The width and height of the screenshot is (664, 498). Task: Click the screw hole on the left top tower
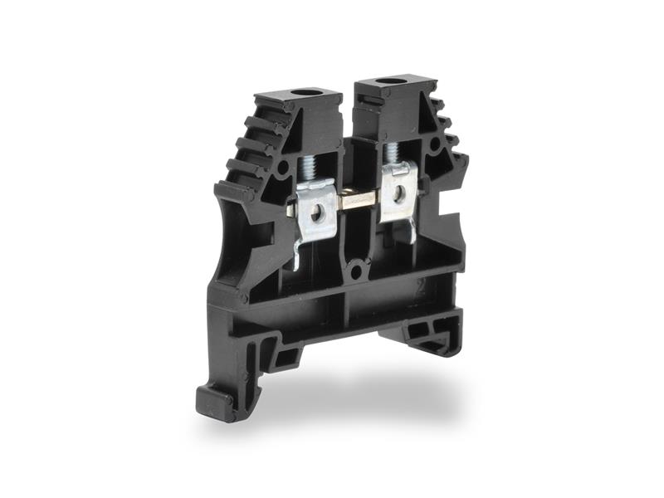[306, 94]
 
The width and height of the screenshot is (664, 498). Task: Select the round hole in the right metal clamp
[399, 193]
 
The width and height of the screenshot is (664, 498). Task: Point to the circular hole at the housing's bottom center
[357, 269]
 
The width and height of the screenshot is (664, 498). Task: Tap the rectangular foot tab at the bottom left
[217, 403]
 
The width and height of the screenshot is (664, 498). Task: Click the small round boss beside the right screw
[435, 144]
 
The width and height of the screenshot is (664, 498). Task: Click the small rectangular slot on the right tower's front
[370, 100]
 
